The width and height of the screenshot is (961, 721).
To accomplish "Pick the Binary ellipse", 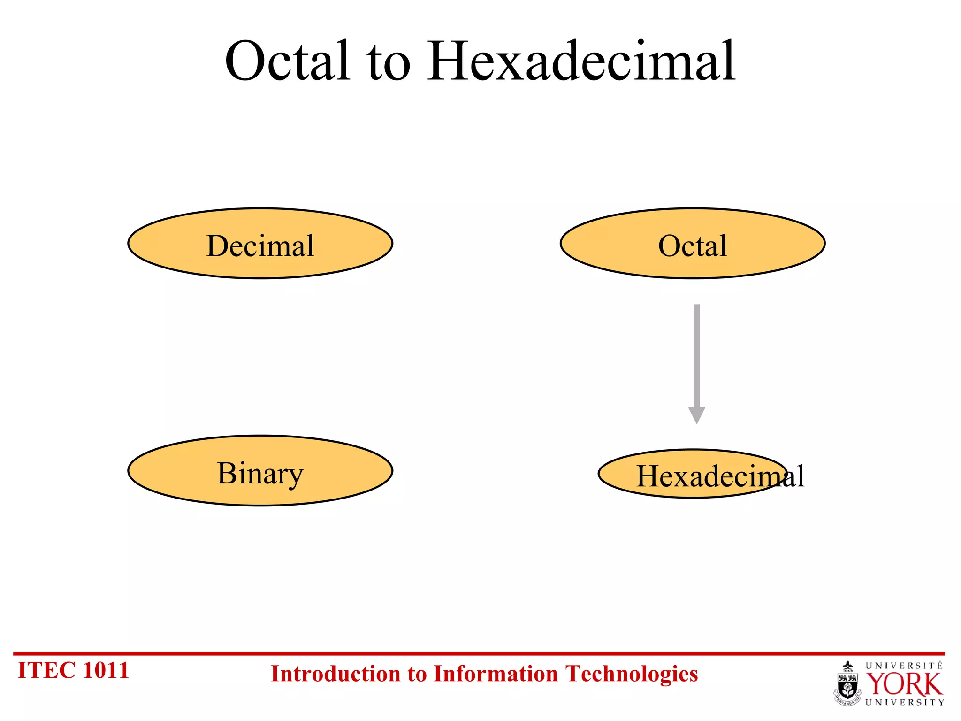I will pos(260,471).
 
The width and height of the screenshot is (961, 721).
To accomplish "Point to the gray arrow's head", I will pos(697,414).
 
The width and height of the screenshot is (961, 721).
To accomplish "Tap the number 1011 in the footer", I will pos(106,670).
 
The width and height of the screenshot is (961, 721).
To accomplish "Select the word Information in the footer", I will pos(496,674).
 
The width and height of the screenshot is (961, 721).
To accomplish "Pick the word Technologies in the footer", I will pos(632,674).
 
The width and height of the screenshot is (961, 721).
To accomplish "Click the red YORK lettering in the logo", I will pos(904,684).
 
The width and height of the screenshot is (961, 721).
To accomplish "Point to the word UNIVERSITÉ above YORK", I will pos(904,666).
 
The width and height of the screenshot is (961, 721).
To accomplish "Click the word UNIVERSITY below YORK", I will pos(904,702).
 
